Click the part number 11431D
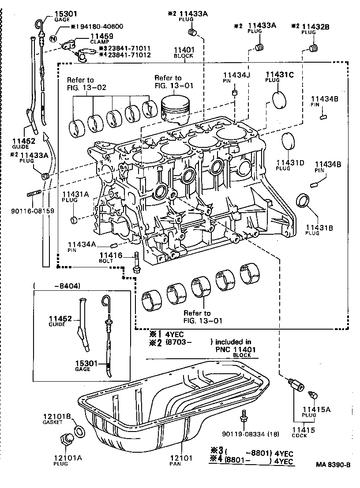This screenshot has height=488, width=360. point(290,163)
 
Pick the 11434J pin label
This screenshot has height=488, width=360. point(236,75)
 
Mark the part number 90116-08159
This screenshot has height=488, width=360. point(33,211)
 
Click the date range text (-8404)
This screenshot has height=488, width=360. point(58,285)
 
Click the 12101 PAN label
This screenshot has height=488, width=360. point(182,461)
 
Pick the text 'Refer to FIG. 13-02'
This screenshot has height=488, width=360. point(80,83)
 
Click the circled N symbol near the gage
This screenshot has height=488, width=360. point(54,39)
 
